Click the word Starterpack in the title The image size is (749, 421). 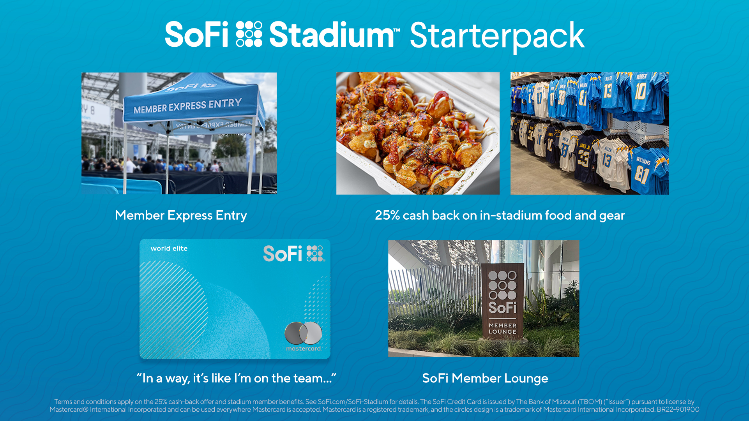pos(497,36)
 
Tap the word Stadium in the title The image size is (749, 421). pos(331,35)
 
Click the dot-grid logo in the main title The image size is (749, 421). pos(249,34)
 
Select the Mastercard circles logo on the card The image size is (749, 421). pos(303,333)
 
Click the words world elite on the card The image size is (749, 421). pos(169,248)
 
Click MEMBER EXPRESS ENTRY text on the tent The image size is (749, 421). pos(187,106)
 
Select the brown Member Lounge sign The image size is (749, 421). pos(502,302)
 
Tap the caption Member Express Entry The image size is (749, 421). pos(181,215)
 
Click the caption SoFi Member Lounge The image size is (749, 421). pos(485,378)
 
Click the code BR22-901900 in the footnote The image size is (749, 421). pos(678,410)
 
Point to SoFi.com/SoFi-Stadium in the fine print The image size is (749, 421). pos(353,402)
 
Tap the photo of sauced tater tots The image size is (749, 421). pos(418,133)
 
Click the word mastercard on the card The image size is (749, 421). pos(304,349)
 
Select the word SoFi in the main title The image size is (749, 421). pos(197,35)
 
